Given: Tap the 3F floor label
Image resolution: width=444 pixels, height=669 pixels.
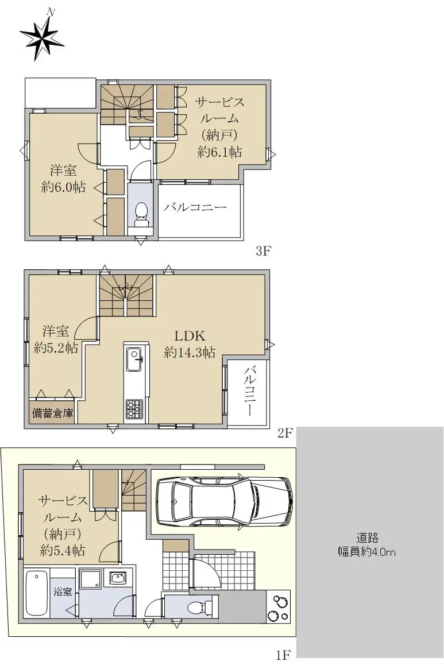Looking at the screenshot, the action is [x=264, y=250].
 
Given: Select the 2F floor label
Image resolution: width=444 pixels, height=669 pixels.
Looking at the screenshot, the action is [x=285, y=433].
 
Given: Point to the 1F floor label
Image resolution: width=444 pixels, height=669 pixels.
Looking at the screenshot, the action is [x=283, y=654].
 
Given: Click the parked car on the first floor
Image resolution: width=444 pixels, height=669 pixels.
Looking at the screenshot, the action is [x=225, y=501].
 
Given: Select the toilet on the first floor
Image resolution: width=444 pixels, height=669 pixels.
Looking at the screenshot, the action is [x=200, y=606].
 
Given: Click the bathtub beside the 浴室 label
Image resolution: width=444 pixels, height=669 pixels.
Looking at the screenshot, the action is [x=37, y=593].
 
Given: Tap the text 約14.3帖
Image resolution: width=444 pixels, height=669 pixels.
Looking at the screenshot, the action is [x=190, y=353].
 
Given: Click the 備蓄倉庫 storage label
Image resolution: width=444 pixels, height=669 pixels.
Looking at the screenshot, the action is [x=53, y=413].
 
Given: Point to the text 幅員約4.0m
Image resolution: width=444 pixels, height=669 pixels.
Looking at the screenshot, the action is [x=366, y=552].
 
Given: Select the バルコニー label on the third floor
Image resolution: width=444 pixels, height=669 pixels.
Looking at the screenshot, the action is [x=195, y=207].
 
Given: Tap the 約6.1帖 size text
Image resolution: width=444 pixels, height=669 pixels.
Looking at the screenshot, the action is [x=219, y=152].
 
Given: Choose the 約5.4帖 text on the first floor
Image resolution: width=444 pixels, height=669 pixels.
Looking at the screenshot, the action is [x=63, y=550].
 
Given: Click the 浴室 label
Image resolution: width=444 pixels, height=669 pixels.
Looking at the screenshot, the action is [x=63, y=592].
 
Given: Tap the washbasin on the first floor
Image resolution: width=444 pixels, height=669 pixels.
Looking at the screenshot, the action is [x=117, y=578].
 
